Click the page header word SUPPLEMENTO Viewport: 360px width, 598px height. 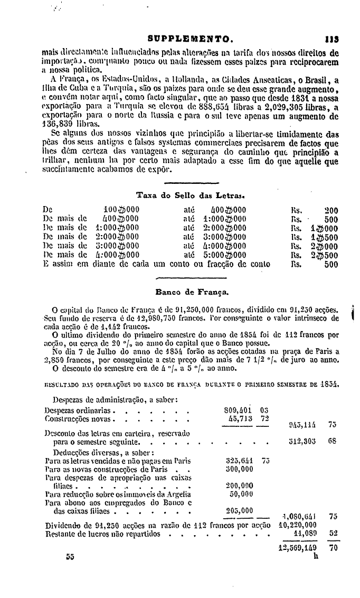(x=191, y=39)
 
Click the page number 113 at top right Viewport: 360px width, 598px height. (x=331, y=39)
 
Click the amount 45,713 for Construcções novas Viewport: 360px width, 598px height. (x=241, y=418)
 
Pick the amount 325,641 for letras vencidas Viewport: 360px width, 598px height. (x=239, y=460)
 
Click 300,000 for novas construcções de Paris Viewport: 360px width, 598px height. (x=239, y=468)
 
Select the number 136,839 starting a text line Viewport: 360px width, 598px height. (x=57, y=131)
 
